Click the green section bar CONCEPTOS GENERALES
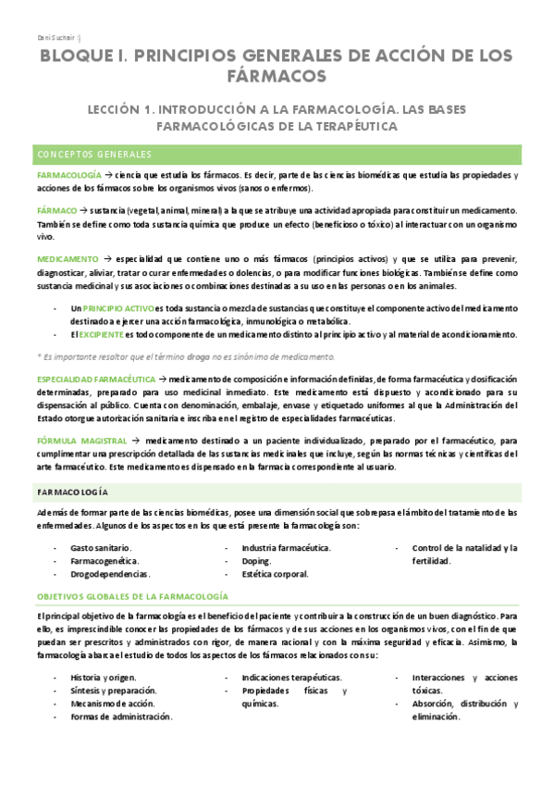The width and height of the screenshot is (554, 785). (x=277, y=154)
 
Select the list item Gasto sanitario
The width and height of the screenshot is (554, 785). (x=101, y=549)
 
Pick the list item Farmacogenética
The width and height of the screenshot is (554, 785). (x=105, y=561)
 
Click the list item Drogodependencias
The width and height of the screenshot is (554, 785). (x=109, y=574)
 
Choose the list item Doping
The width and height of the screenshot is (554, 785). (x=256, y=561)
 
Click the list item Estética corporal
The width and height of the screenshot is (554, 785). (x=276, y=574)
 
